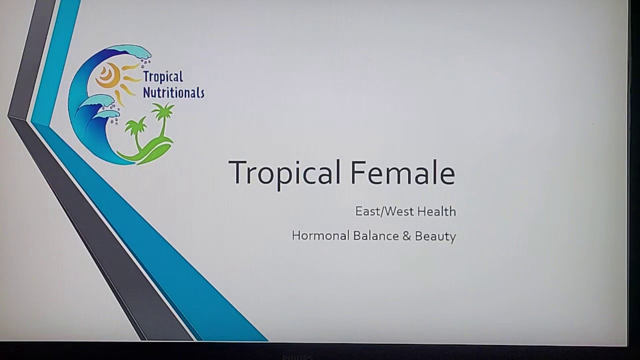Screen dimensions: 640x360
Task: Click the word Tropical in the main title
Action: click(x=284, y=174)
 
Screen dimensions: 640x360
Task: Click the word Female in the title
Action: click(x=403, y=172)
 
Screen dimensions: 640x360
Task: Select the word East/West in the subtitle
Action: click(x=384, y=211)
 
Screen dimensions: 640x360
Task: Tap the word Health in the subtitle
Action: click(x=436, y=211)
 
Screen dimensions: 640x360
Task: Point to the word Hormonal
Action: click(x=320, y=235)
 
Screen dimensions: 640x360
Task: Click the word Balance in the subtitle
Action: click(x=376, y=235)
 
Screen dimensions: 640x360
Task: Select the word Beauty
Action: click(x=435, y=237)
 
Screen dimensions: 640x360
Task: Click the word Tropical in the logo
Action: click(x=163, y=77)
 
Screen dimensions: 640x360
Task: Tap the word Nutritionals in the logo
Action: click(x=173, y=92)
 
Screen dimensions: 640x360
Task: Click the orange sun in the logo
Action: click(x=108, y=75)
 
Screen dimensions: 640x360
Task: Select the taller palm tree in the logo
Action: click(x=163, y=120)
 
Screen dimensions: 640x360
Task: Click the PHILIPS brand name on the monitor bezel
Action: click(x=297, y=357)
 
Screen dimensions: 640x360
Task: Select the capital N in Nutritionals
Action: click(x=147, y=92)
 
